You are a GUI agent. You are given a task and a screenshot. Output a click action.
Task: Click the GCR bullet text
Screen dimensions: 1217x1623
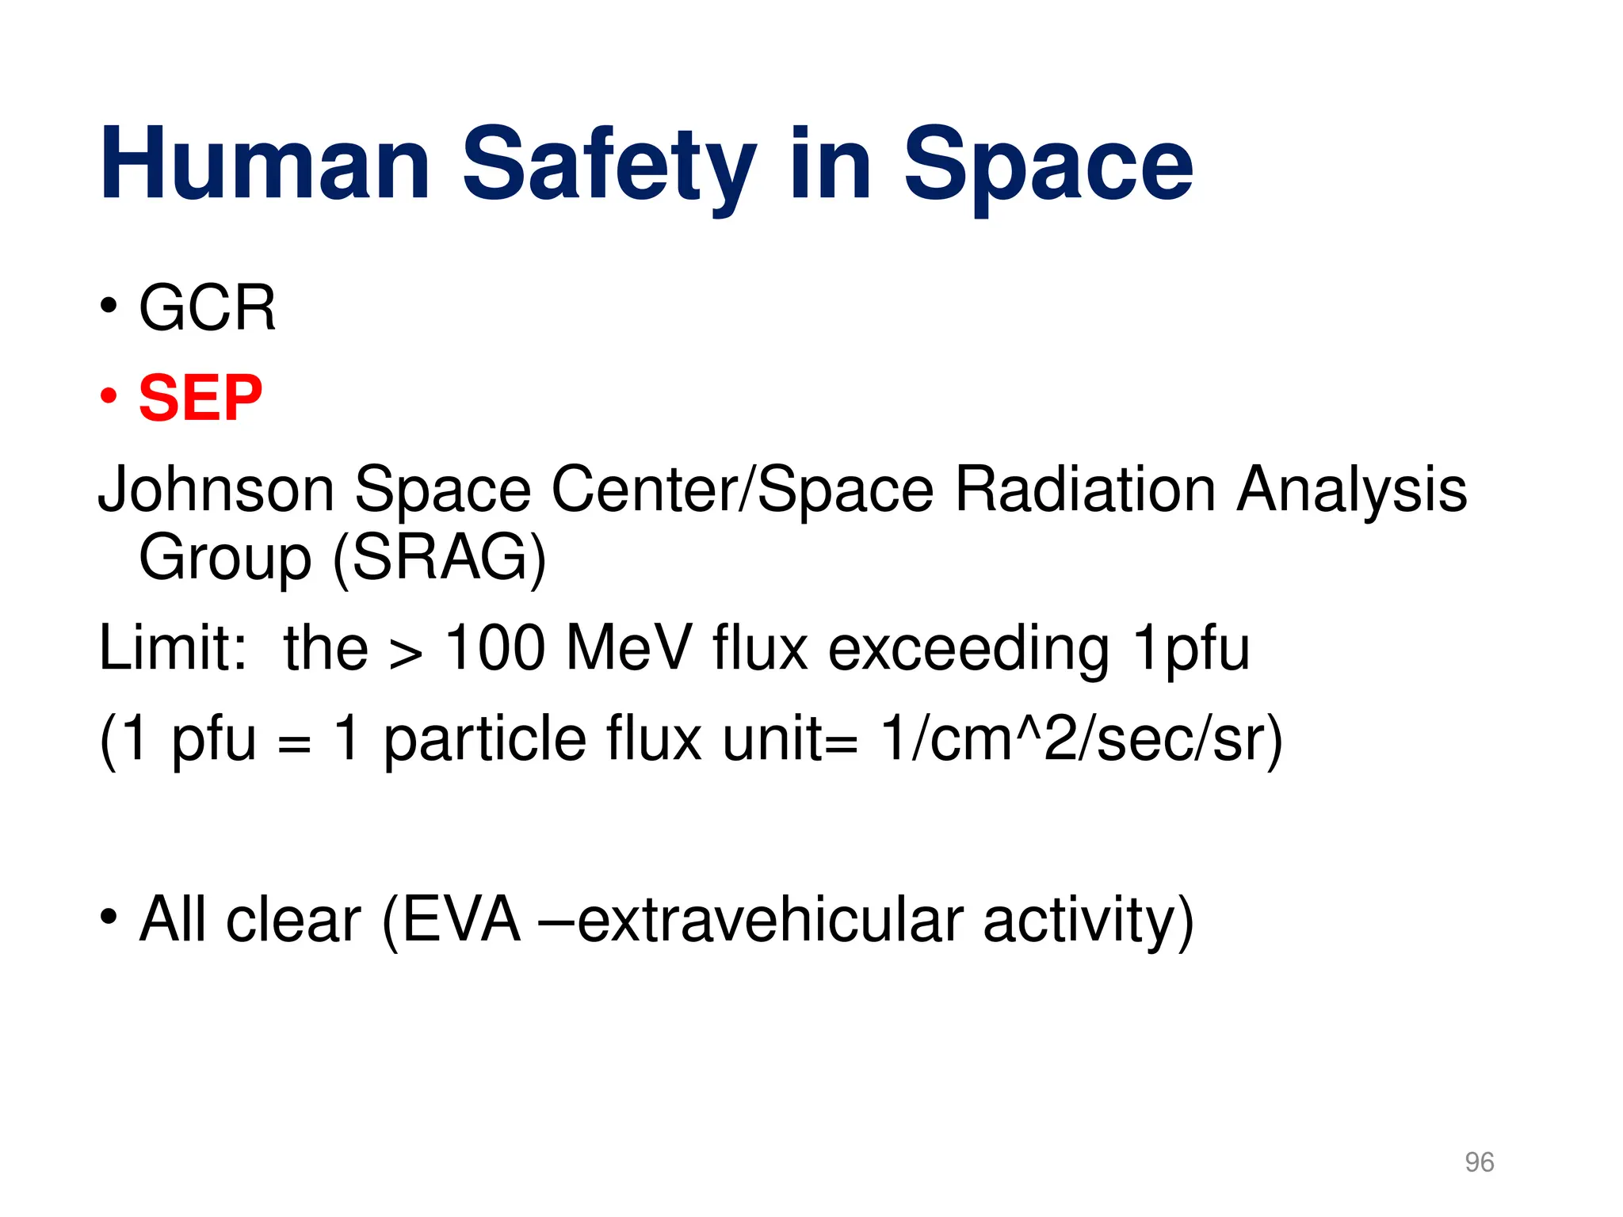[x=208, y=307]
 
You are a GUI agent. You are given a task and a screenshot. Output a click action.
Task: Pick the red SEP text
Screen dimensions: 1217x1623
[x=200, y=398]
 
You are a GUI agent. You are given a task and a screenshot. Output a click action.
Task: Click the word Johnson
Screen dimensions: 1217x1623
[x=216, y=490]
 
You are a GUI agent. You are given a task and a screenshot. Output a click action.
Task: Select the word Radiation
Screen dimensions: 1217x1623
[x=1085, y=490]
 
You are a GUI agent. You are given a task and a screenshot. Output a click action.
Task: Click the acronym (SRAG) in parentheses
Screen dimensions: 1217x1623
[x=439, y=558]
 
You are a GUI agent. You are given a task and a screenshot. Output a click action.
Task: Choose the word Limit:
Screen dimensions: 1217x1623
[x=173, y=648]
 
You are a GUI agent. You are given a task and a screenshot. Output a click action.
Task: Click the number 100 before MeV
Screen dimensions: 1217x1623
[x=495, y=648]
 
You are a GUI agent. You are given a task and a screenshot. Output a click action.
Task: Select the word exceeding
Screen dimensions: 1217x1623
[x=968, y=648]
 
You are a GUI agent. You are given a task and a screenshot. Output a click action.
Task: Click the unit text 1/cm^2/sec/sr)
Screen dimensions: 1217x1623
[x=1081, y=738]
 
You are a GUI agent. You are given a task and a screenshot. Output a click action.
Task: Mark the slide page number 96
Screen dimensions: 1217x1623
[x=1479, y=1162]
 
